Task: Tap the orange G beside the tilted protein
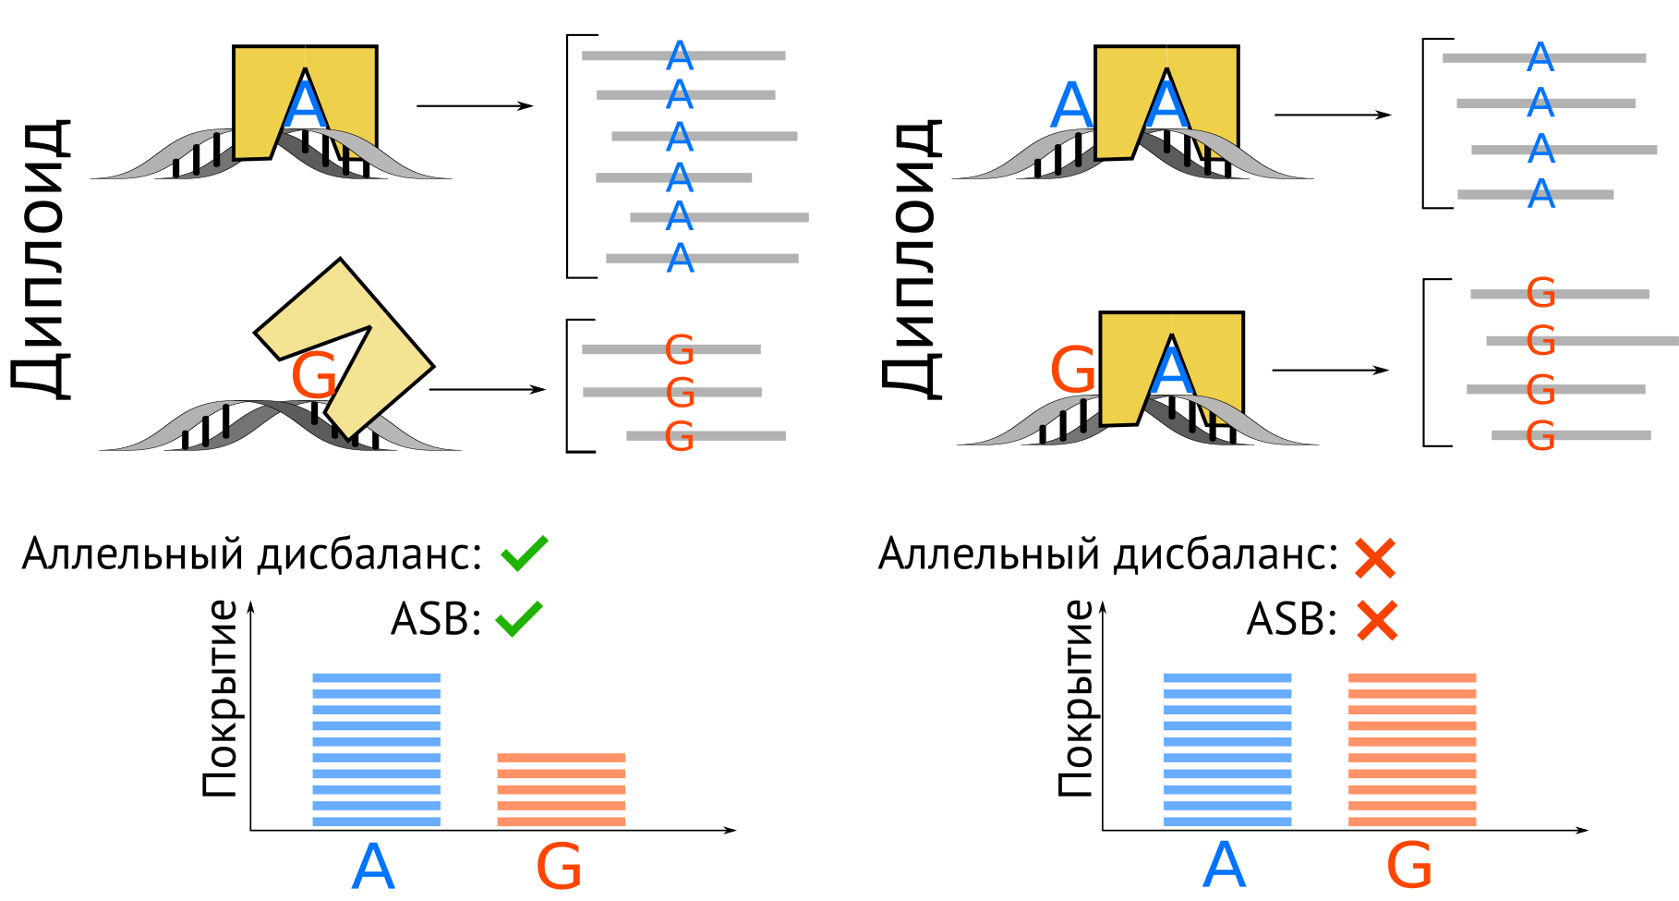tap(313, 375)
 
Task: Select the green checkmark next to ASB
tap(519, 618)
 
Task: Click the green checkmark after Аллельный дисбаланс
tap(524, 554)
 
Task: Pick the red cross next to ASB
tap(1377, 620)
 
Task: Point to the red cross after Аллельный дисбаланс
tap(1375, 558)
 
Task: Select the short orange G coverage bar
tap(561, 789)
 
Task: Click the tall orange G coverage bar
tap(1411, 749)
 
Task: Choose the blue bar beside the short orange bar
tap(376, 749)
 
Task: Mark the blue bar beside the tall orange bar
tap(1226, 749)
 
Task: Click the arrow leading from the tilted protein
tap(488, 389)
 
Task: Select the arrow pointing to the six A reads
tap(475, 106)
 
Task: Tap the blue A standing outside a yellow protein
tap(1071, 105)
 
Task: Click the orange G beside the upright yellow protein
tap(1073, 371)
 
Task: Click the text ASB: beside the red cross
tap(1291, 618)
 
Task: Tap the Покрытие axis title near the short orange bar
tap(221, 699)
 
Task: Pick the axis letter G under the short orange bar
tap(559, 867)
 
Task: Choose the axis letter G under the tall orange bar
tap(1409, 867)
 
